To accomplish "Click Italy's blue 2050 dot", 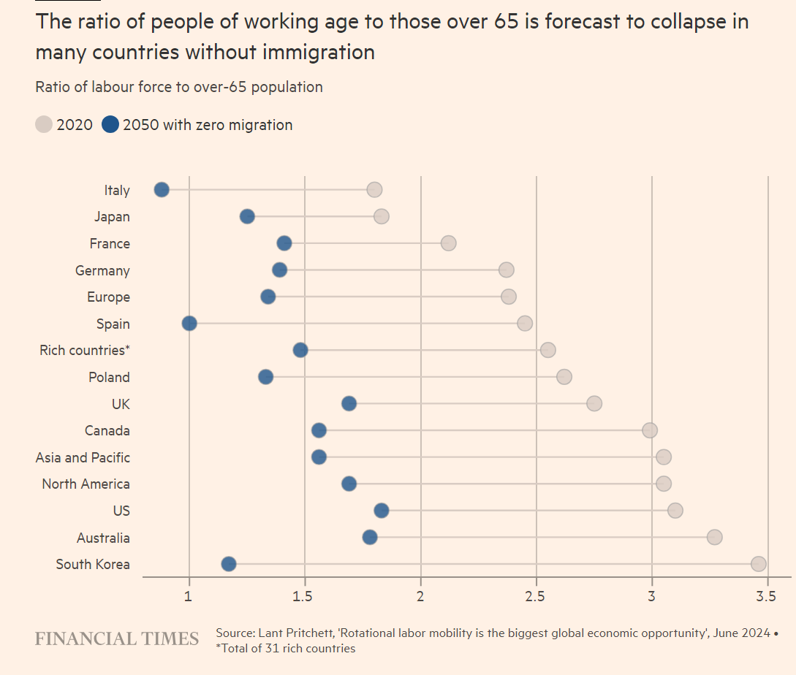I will (162, 190).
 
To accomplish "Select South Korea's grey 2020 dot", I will (758, 564).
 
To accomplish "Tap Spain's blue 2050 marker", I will (189, 324).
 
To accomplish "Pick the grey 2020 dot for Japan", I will (381, 216).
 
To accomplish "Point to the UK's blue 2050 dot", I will (349, 404).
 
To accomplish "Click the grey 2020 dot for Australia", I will (714, 538).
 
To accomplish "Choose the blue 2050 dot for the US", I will (381, 511).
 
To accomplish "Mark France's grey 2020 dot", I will (448, 243).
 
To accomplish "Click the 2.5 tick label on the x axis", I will (536, 597).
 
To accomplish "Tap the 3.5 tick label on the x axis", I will (767, 597).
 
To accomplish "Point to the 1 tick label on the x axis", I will (189, 597).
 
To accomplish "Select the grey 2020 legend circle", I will (44, 125).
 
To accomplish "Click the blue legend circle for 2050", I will (110, 125).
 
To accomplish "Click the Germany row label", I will (102, 271).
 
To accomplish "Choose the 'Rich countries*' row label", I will (85, 351).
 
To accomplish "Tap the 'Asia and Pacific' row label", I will (83, 458).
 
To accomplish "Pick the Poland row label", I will (109, 378).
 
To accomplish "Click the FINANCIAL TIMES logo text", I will (117, 639).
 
